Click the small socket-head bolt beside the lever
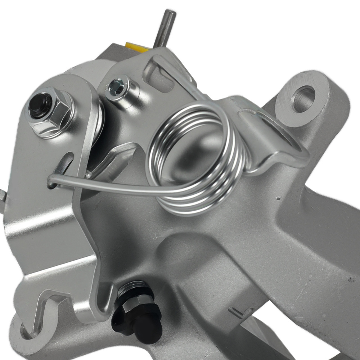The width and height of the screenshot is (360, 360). [x=117, y=88]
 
